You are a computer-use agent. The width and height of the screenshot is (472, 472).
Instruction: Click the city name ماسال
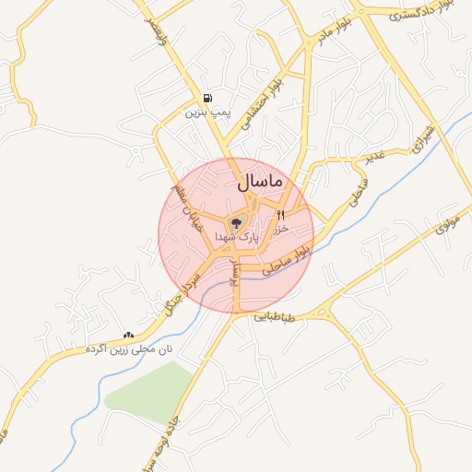pyautogui.click(x=260, y=183)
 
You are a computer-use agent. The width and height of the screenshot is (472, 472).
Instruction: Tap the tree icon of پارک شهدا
pyautogui.click(x=235, y=221)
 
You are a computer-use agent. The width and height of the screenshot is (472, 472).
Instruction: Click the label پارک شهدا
pyautogui.click(x=237, y=237)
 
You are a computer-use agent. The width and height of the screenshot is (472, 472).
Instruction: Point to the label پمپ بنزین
pyautogui.click(x=206, y=112)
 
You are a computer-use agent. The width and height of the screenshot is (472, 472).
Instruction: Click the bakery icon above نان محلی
pyautogui.click(x=128, y=336)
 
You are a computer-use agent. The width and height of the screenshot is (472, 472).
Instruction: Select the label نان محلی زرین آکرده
pyautogui.click(x=128, y=350)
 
